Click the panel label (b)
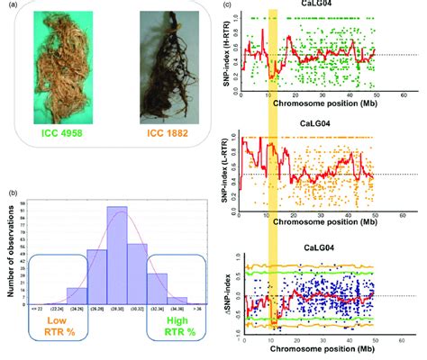(12, 192)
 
